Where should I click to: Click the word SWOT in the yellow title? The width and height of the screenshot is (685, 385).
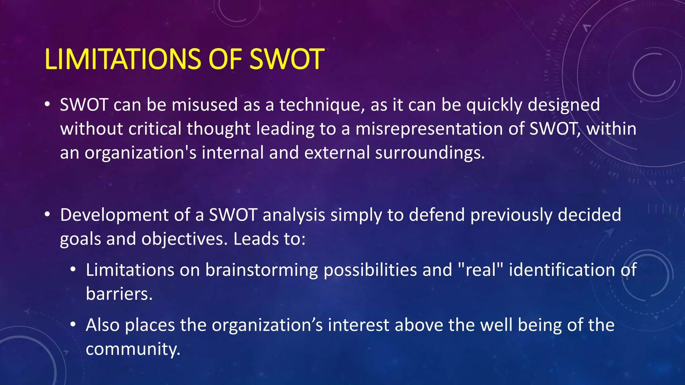287,59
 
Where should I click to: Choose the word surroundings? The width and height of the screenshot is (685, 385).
429,153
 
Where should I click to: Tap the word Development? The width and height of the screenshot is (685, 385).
114,215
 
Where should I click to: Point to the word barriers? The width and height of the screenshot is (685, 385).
119,294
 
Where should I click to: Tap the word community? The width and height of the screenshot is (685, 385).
133,349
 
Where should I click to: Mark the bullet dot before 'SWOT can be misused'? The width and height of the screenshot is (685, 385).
47,105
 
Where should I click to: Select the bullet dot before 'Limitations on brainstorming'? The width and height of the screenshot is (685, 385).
73,270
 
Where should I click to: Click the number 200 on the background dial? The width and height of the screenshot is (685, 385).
561,19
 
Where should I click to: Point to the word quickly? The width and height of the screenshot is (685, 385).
494,105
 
